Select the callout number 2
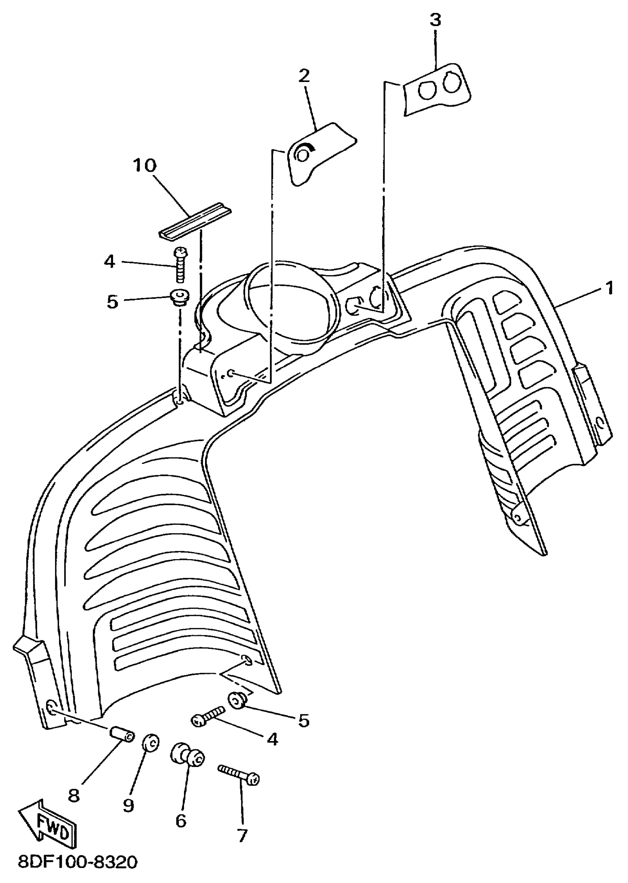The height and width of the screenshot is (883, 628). point(304,76)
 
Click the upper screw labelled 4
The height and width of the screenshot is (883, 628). point(180,265)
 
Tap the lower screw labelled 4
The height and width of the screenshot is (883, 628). point(208,715)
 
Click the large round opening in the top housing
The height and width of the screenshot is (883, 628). point(290,305)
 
